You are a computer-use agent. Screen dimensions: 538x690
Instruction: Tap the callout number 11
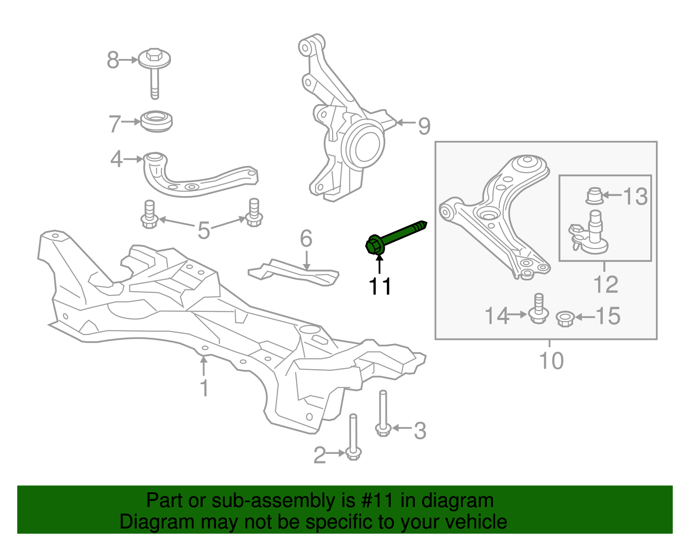pos(380,286)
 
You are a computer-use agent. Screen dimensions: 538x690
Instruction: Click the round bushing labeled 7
pos(157,121)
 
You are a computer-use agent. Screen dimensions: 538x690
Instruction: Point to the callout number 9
pos(424,126)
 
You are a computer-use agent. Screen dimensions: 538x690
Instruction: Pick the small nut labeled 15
pos(565,318)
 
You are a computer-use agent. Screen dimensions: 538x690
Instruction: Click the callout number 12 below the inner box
pos(605,284)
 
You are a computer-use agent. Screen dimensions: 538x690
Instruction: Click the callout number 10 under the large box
pos(551,361)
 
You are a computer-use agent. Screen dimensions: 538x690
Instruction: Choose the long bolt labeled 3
pos(383,414)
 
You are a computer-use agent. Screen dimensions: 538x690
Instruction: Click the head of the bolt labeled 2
pos(353,453)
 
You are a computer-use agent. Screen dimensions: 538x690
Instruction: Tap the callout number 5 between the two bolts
pos(204,230)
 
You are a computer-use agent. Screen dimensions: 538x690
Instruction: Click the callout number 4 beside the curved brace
pos(116,159)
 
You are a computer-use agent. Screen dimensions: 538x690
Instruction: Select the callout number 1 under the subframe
pos(204,388)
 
